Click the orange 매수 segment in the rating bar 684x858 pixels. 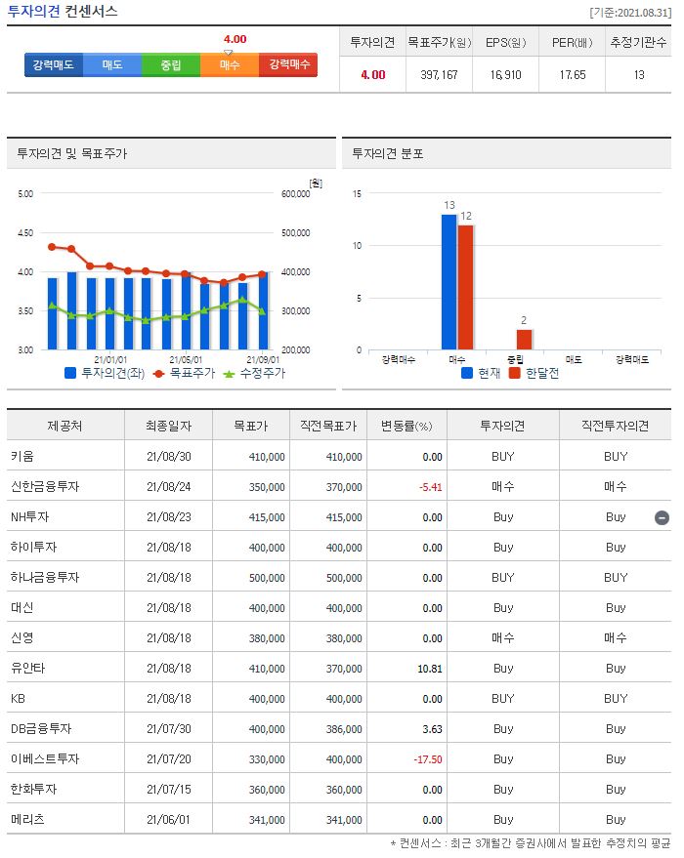click(x=230, y=64)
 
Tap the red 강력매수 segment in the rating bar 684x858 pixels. click(x=288, y=64)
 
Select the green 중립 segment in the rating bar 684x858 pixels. click(x=171, y=64)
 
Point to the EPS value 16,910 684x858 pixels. click(x=505, y=74)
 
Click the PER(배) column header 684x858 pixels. click(x=572, y=43)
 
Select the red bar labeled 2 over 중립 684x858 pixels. click(x=524, y=339)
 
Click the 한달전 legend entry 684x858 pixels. click(x=534, y=373)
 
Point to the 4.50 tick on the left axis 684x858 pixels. click(x=24, y=232)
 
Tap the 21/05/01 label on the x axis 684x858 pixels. click(x=186, y=359)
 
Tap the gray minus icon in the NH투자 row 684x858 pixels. click(x=662, y=517)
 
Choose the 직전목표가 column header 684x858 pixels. click(x=330, y=427)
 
